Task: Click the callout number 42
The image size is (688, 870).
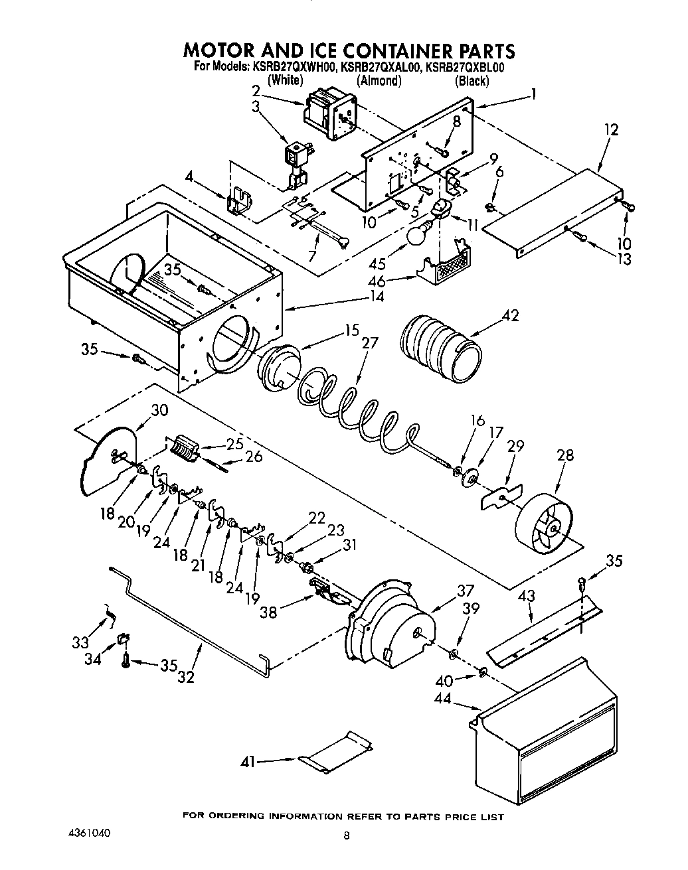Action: click(511, 315)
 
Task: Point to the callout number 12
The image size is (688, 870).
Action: click(610, 129)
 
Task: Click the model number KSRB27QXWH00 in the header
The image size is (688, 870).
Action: click(292, 66)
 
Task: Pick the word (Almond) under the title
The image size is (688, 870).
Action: click(379, 81)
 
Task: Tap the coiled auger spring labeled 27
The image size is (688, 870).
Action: click(359, 411)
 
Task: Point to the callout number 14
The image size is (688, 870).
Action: click(377, 297)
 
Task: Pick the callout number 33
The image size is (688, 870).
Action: click(80, 642)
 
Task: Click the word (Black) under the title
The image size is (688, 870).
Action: click(472, 81)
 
